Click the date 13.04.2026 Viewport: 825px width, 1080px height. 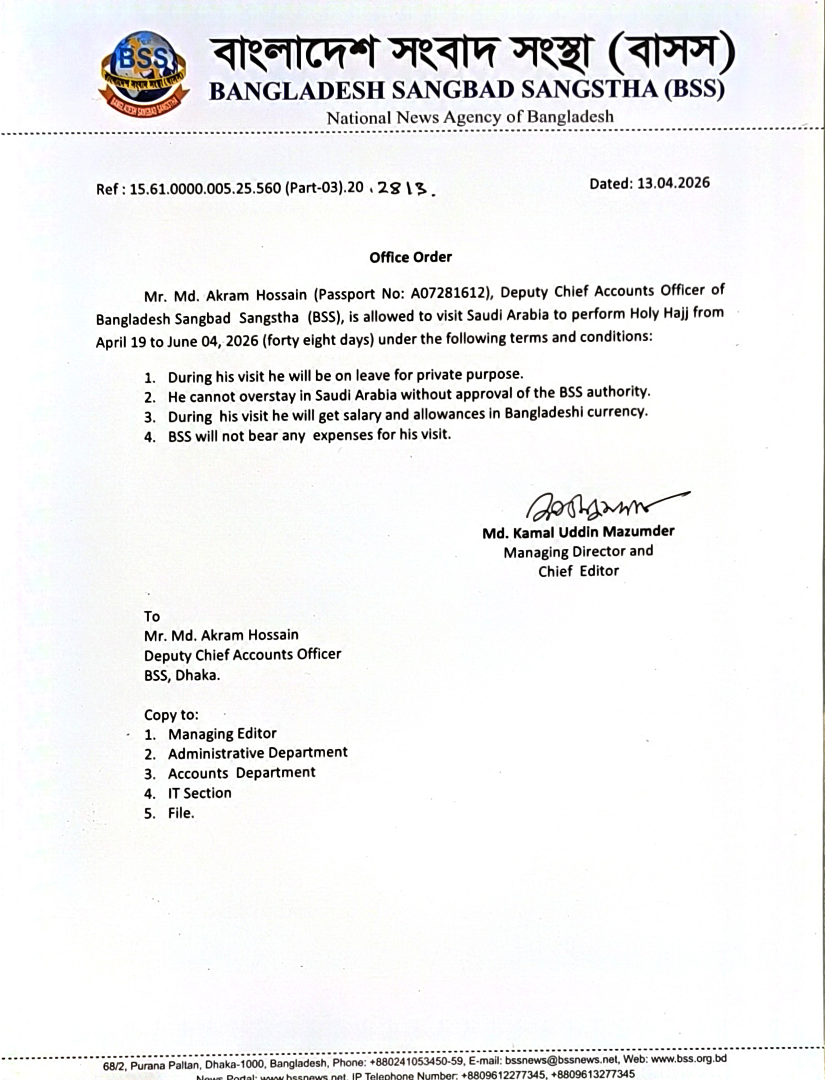tap(673, 183)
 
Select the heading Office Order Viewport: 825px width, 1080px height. tap(411, 257)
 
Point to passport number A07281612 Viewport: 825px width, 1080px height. tap(447, 294)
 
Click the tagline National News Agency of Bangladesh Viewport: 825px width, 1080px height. tap(469, 117)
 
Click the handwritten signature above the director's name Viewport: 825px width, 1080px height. tap(599, 506)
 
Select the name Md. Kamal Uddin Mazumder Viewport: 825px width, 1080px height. tap(578, 532)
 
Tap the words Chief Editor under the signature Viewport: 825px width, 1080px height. tap(578, 571)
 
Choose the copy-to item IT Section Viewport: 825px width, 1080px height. tap(200, 793)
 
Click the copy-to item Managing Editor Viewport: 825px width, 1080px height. tap(222, 734)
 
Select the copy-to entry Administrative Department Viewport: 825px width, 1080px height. tap(257, 753)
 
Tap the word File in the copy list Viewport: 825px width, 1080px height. tap(180, 814)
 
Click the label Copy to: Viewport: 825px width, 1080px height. tap(171, 715)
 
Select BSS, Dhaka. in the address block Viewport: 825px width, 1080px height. tap(182, 675)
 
